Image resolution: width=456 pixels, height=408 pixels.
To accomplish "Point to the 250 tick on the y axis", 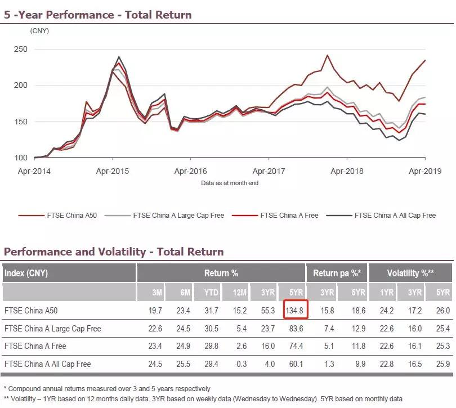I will point(21,50).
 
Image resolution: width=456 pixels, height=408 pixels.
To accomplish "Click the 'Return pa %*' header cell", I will point(337,274).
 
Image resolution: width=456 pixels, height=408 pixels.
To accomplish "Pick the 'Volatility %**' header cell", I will point(411,274).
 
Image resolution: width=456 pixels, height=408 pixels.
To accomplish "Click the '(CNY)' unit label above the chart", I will point(39,30).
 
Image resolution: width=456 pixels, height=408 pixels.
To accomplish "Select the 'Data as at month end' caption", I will point(230,183).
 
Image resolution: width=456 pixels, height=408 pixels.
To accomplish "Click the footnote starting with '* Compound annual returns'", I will point(107,388).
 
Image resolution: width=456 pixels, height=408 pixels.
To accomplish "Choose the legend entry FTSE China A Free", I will point(289,215).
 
